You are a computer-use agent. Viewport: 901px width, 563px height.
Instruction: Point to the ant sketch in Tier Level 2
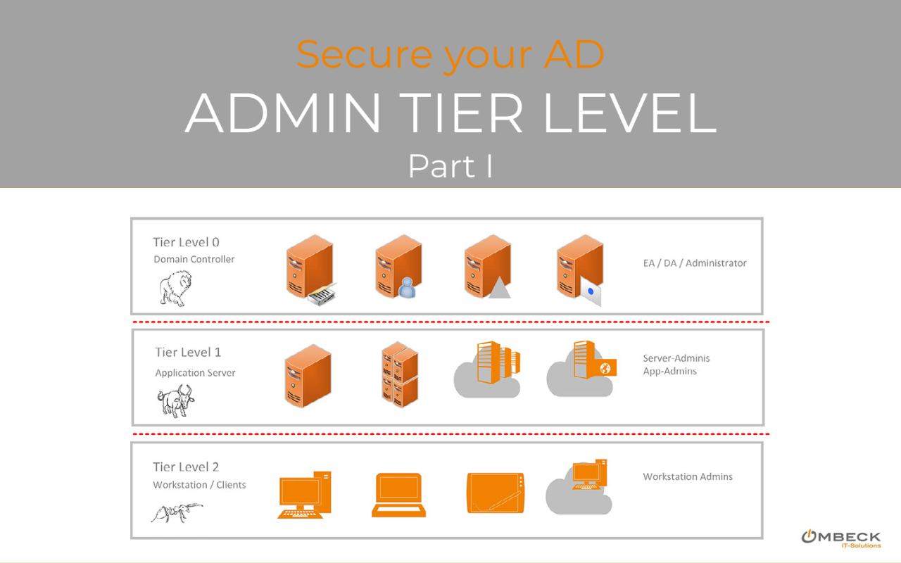click(x=176, y=512)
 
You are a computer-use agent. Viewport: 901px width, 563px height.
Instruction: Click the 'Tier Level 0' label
click(x=186, y=242)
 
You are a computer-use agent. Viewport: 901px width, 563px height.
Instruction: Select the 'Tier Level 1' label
click(x=188, y=352)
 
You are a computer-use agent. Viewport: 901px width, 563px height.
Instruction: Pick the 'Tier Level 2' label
click(x=186, y=467)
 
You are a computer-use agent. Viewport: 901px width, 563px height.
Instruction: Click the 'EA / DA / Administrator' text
click(x=694, y=263)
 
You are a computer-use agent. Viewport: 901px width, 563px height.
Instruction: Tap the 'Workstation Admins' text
click(x=688, y=476)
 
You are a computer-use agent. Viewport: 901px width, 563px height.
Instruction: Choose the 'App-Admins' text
click(x=669, y=371)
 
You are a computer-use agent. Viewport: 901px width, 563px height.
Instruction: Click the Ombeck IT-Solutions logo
click(x=840, y=538)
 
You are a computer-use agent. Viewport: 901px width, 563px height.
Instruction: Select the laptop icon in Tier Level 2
click(x=398, y=495)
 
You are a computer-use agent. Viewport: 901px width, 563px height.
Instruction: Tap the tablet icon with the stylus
click(x=496, y=493)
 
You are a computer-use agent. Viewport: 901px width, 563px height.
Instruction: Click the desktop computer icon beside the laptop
click(x=304, y=495)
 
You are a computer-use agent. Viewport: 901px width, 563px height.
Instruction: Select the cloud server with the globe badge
click(x=583, y=368)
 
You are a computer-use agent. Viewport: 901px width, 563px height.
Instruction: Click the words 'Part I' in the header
click(x=450, y=166)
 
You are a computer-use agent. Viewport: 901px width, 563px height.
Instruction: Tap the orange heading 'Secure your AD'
click(x=450, y=55)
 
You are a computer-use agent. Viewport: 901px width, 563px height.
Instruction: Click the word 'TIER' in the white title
click(x=463, y=113)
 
